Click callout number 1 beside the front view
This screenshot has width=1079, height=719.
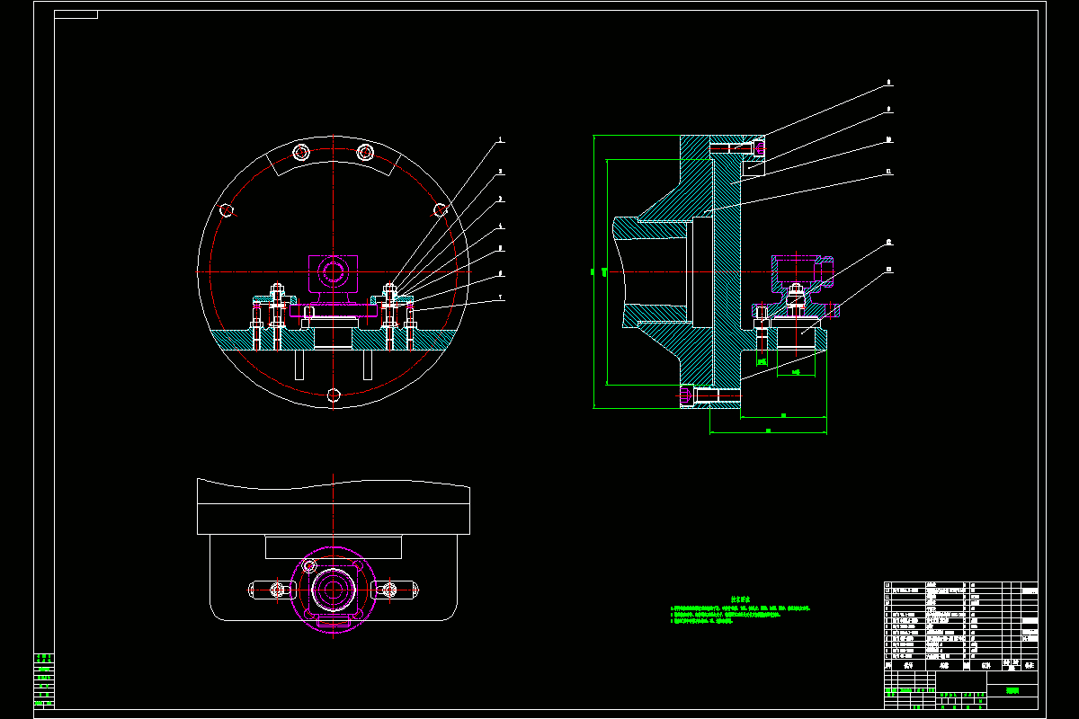(501, 141)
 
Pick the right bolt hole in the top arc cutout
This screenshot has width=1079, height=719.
(365, 152)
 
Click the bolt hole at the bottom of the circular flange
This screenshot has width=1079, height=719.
(334, 395)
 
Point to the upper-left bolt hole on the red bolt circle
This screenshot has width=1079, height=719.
(227, 210)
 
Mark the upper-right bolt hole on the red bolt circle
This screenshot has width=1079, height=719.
(440, 210)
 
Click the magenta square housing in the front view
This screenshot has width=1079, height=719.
(334, 271)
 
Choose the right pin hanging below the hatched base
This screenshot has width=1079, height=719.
(368, 364)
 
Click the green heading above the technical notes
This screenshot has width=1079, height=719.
(740, 597)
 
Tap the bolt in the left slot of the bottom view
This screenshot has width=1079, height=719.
(277, 590)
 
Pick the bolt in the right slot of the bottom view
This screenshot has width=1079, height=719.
(389, 590)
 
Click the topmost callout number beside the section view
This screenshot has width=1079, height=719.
(888, 83)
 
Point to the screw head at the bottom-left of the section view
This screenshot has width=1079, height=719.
(689, 395)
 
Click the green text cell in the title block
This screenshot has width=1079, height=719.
(1013, 691)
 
